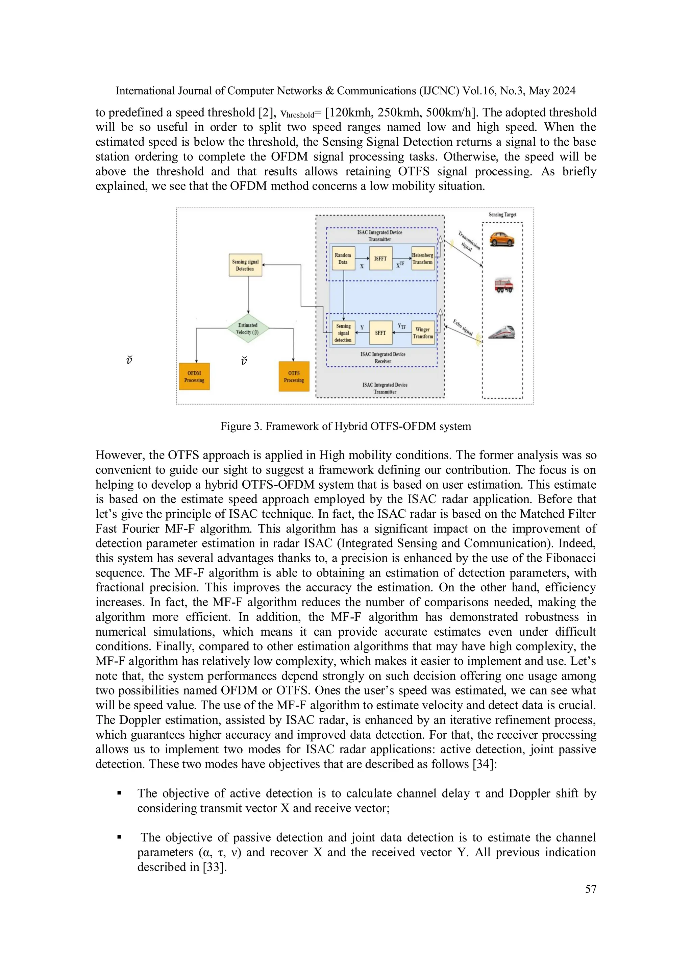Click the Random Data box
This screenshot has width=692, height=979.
tap(343, 259)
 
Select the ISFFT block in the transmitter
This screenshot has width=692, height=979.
tap(380, 259)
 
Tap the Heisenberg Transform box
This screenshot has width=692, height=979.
tap(423, 259)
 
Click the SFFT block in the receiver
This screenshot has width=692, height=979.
tap(380, 333)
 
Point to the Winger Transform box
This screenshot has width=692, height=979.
tap(423, 333)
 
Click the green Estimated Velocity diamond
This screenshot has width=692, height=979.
tap(248, 328)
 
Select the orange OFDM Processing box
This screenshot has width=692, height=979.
tap(194, 376)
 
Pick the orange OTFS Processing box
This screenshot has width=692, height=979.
tap(294, 376)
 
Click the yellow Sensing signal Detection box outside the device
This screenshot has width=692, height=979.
tap(245, 265)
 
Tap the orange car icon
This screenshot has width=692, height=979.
tap(502, 239)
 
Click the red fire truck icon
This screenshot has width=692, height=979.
tap(503, 285)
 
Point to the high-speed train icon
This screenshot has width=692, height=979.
tap(502, 332)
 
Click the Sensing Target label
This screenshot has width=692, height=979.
tap(502, 215)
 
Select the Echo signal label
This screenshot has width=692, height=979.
tap(463, 327)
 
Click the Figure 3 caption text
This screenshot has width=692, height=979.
tap(345, 426)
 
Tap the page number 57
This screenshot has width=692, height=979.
tap(591, 889)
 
